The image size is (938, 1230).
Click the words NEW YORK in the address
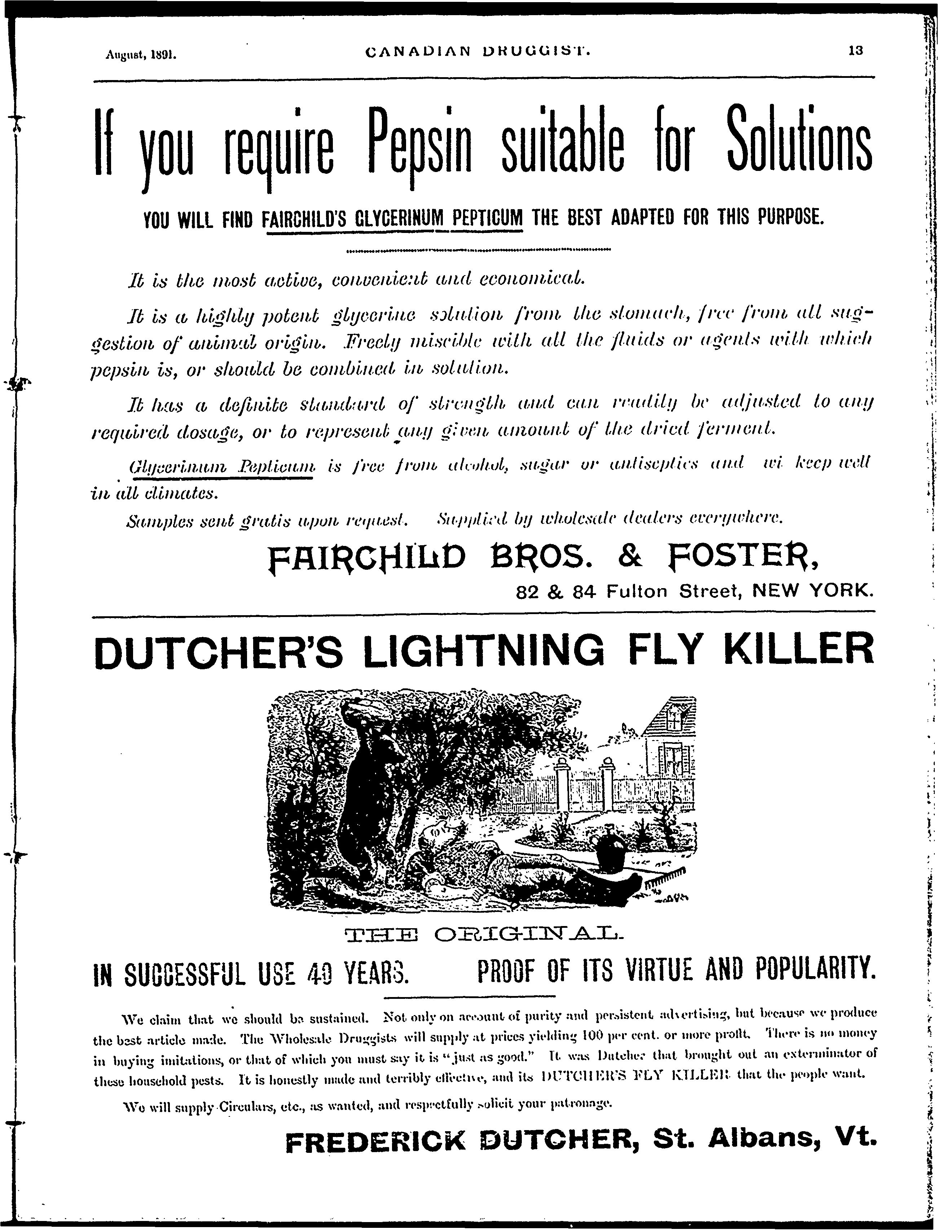pyautogui.click(x=813, y=590)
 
